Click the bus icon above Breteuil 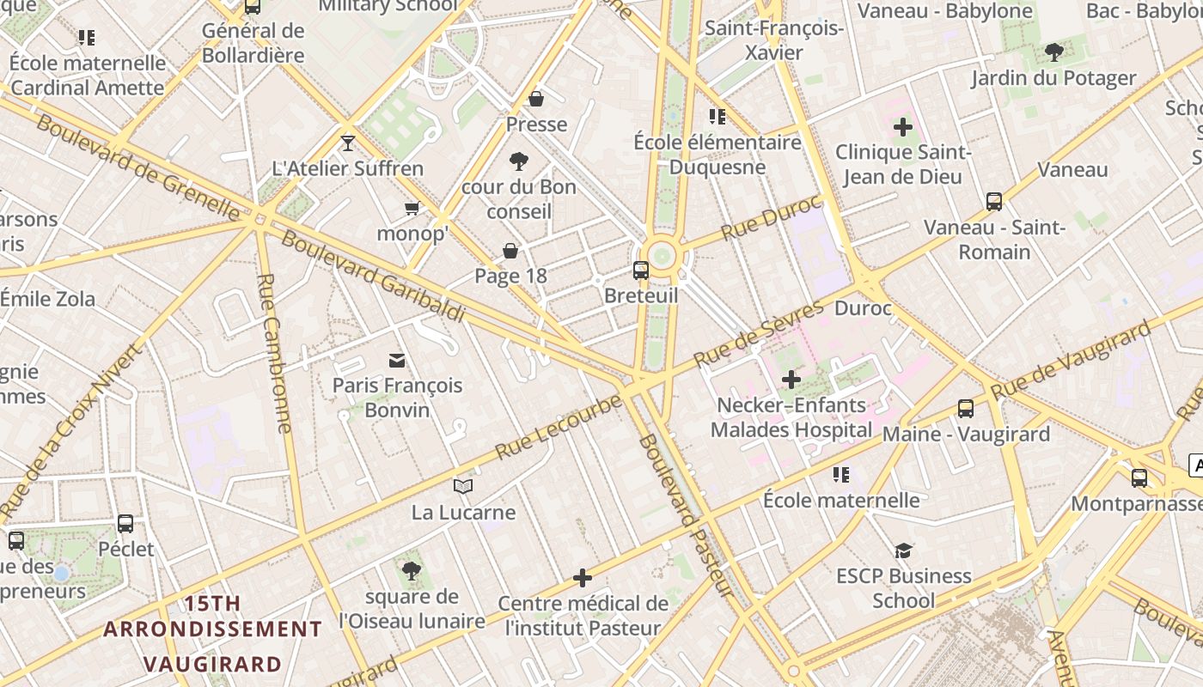tap(641, 271)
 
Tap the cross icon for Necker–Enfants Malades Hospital tap(791, 379)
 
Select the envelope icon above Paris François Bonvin tap(397, 360)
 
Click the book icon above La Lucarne tap(463, 487)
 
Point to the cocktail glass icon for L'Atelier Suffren tap(348, 143)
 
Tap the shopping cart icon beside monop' tap(412, 208)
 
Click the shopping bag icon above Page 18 tap(510, 250)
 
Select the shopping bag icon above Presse tap(536, 99)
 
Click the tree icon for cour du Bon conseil tap(518, 161)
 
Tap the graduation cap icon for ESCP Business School tap(903, 550)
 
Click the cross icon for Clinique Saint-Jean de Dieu tap(903, 127)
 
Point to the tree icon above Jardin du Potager tap(1053, 52)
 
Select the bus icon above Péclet tap(125, 523)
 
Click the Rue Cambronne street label tap(276, 352)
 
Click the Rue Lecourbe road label tap(559, 427)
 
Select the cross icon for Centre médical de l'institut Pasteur tap(583, 578)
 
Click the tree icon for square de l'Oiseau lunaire tap(412, 571)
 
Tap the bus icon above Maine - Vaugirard tap(966, 409)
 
